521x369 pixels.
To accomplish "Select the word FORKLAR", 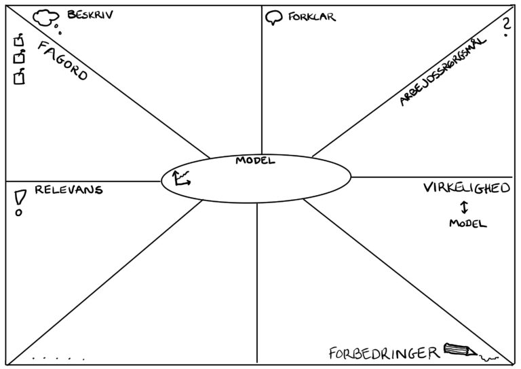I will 311,17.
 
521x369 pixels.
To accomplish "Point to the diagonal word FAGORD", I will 62,61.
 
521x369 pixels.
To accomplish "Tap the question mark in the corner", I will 505,27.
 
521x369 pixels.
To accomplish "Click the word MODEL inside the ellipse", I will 255,161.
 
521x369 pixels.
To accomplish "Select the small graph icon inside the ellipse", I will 182,178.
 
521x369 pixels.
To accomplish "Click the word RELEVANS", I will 69,190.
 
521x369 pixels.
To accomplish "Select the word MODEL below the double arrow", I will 467,223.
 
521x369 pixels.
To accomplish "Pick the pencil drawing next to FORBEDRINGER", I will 460,351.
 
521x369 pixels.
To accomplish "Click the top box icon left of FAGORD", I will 20,42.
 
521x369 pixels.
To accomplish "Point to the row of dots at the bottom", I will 58,357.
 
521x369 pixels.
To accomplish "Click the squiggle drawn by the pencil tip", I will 489,357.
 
